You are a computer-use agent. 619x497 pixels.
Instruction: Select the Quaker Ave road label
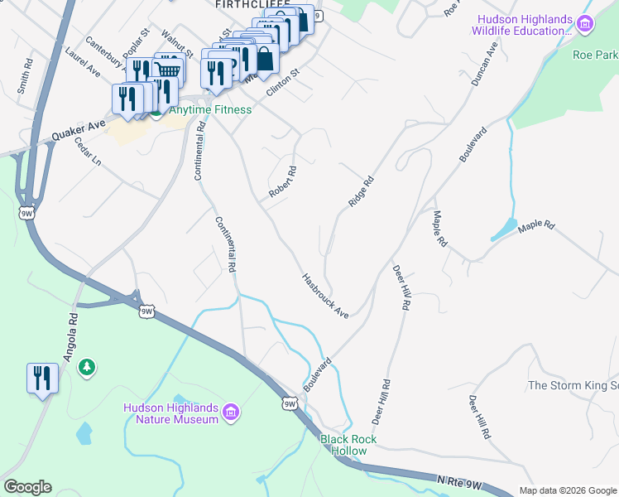click(x=79, y=129)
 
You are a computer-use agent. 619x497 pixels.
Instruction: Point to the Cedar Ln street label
click(x=86, y=150)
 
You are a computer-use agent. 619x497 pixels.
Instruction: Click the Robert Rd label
click(x=282, y=182)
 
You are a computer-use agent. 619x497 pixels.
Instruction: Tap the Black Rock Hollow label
click(x=348, y=445)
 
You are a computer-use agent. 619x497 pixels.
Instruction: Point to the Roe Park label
click(x=594, y=55)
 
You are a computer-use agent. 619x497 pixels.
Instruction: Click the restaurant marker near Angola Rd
click(x=41, y=379)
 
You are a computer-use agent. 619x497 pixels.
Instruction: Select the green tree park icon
click(x=87, y=366)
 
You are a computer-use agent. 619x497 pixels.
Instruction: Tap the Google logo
click(x=27, y=487)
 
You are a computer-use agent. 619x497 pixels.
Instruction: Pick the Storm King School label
click(x=573, y=385)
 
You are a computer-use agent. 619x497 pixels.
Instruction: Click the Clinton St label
click(x=281, y=88)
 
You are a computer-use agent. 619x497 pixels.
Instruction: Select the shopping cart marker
click(x=169, y=69)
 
